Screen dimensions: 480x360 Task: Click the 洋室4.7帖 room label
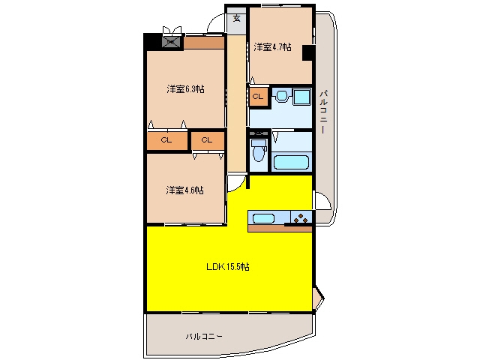pyautogui.click(x=272, y=47)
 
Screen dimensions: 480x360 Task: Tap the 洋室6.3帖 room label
pyautogui.click(x=185, y=89)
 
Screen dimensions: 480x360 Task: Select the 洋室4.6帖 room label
pyautogui.click(x=185, y=190)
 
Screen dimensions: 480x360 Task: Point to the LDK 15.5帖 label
pyautogui.click(x=228, y=267)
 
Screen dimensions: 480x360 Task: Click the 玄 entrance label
pyautogui.click(x=237, y=18)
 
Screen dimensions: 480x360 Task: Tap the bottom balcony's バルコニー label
pyautogui.click(x=204, y=337)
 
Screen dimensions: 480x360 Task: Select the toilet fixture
pyautogui.click(x=259, y=150)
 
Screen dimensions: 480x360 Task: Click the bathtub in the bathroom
pyautogui.click(x=291, y=162)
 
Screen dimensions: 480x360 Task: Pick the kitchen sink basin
pyautogui.click(x=263, y=218)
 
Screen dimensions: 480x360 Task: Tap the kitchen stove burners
pyautogui.click(x=301, y=218)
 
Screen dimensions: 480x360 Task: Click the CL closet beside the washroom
pyautogui.click(x=258, y=97)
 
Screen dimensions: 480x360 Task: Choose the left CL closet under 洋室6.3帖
pyautogui.click(x=166, y=140)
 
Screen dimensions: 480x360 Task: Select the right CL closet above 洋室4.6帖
pyautogui.click(x=208, y=140)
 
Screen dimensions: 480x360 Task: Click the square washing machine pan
pyautogui.click(x=301, y=97)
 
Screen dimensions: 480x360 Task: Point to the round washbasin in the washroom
pyautogui.click(x=282, y=95)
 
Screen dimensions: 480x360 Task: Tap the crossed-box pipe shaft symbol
pyautogui.click(x=172, y=41)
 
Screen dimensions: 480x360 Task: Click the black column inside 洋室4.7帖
pyautogui.click(x=308, y=52)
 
